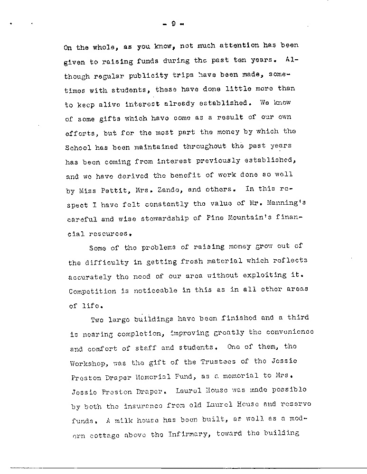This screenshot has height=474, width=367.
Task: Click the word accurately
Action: (91, 277)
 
